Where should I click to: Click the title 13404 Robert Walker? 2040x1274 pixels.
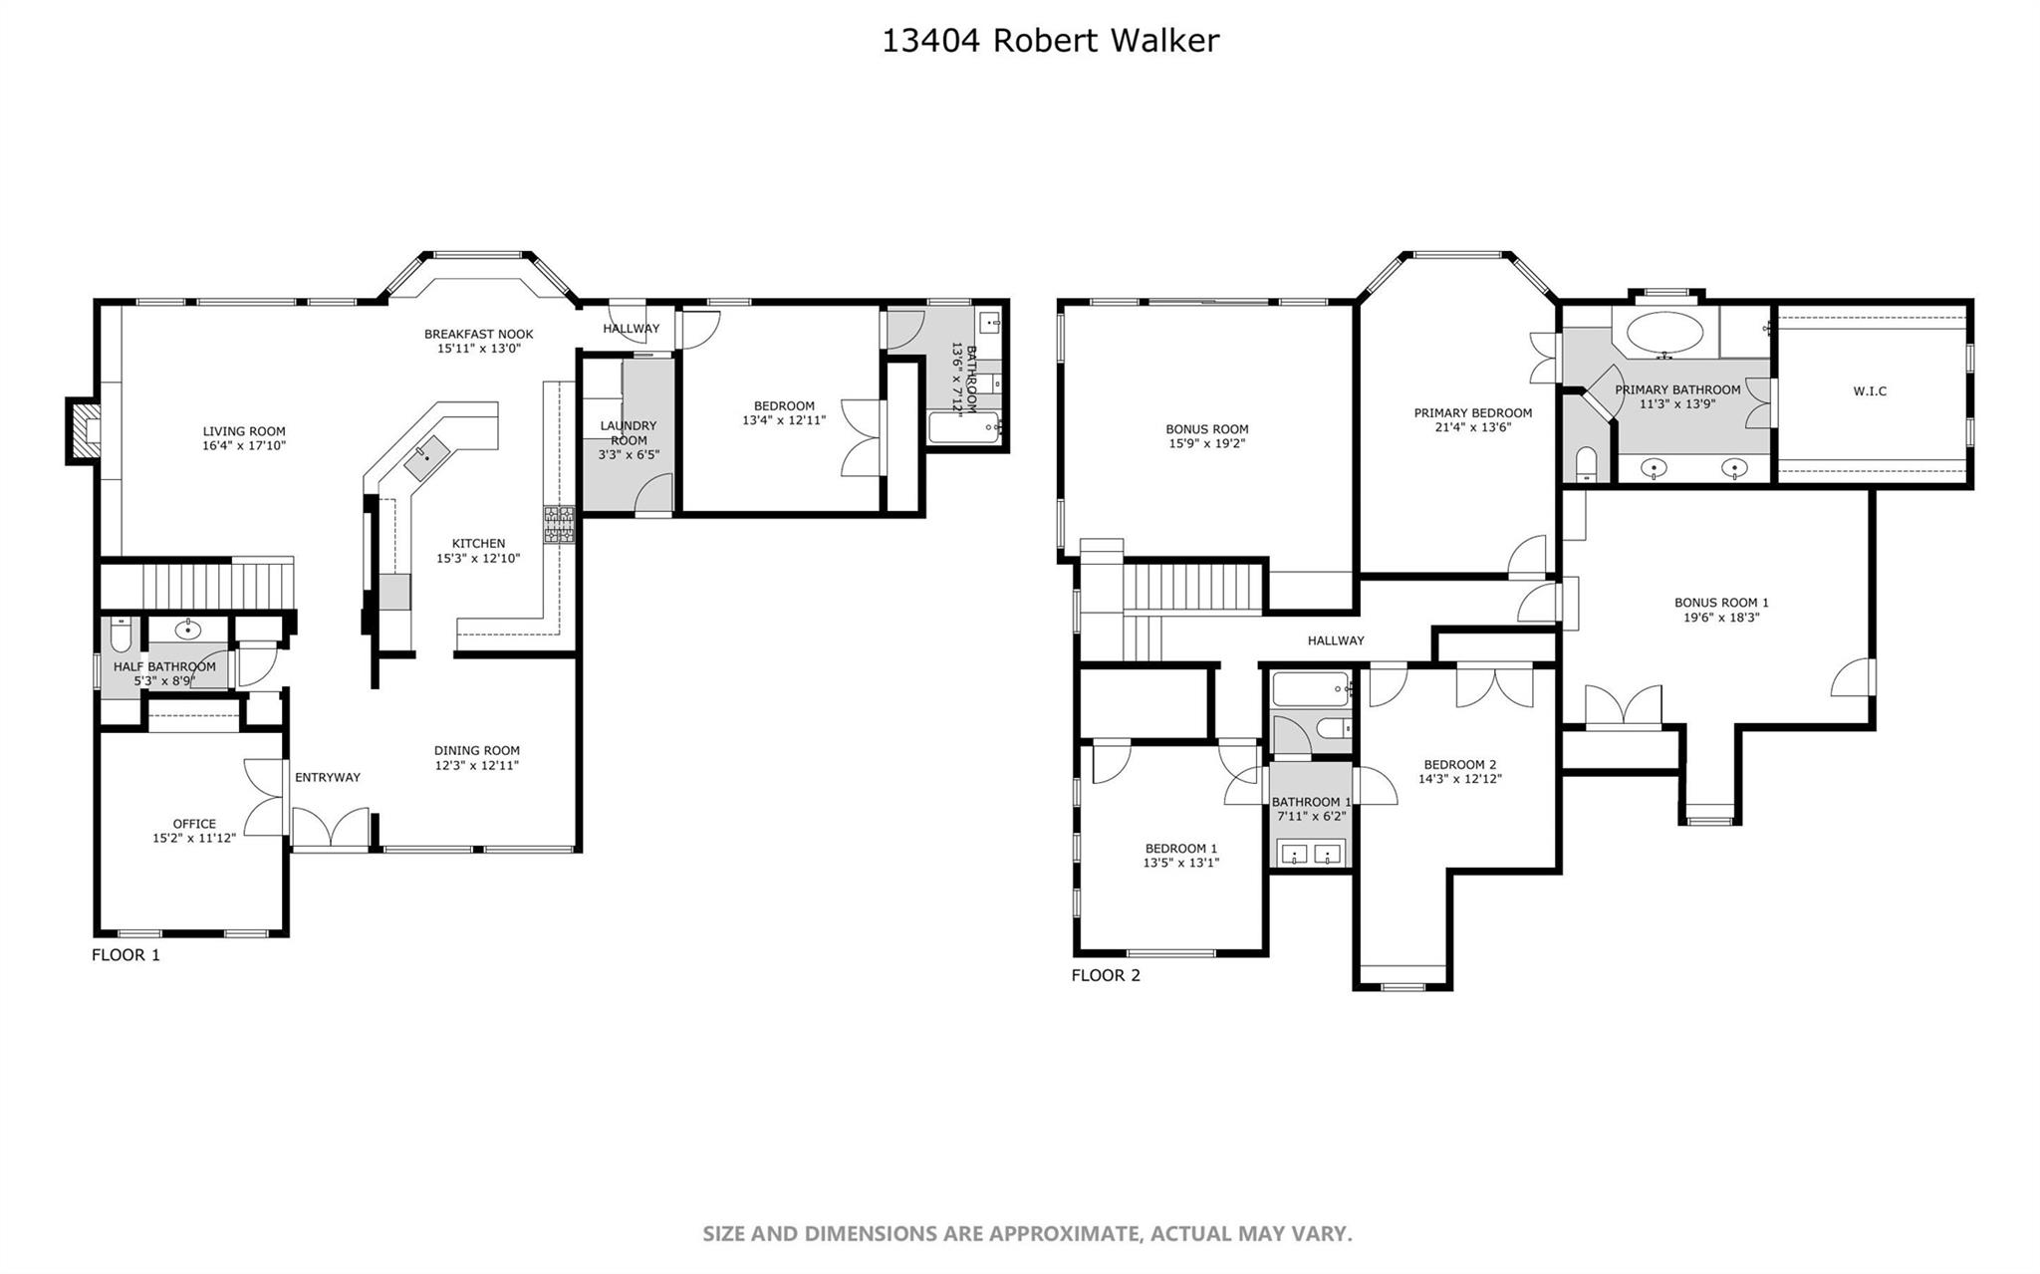tap(1050, 41)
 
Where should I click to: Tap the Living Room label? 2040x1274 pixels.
tap(244, 431)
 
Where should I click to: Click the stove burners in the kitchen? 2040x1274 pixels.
tap(559, 524)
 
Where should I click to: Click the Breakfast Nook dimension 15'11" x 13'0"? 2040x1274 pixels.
tap(478, 349)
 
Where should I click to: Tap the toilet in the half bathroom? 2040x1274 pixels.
tap(121, 634)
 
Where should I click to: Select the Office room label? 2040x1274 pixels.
tap(194, 824)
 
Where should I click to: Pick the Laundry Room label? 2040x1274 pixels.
tap(628, 432)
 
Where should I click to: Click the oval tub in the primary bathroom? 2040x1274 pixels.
tap(1663, 335)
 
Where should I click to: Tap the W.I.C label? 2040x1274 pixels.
tap(1870, 391)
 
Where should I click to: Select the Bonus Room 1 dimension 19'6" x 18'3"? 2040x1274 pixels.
tap(1721, 618)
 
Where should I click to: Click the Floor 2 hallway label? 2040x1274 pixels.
tap(1336, 640)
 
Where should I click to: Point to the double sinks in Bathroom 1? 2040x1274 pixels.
tap(1311, 853)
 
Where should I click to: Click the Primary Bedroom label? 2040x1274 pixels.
tap(1472, 412)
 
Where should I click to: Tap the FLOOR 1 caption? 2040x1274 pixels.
tap(126, 955)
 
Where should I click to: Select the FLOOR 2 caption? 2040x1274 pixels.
tap(1106, 975)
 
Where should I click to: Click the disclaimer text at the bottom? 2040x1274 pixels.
tap(1027, 1234)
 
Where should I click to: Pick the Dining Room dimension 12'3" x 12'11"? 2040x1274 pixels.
tap(476, 766)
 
